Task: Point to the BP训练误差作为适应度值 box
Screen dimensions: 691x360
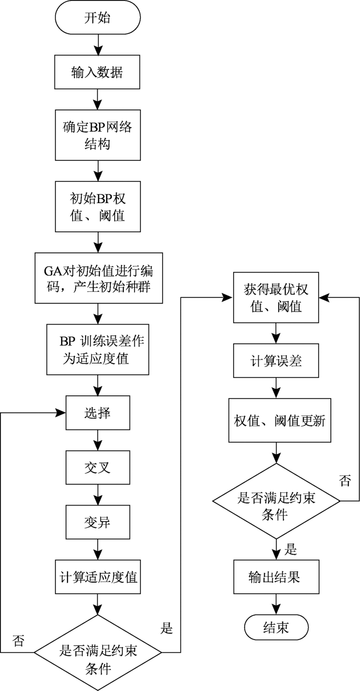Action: click(x=98, y=350)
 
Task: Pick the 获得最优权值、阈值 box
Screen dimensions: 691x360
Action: click(x=276, y=297)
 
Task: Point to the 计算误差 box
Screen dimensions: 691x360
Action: click(x=276, y=361)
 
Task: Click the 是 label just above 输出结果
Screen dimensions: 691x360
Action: click(x=291, y=550)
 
